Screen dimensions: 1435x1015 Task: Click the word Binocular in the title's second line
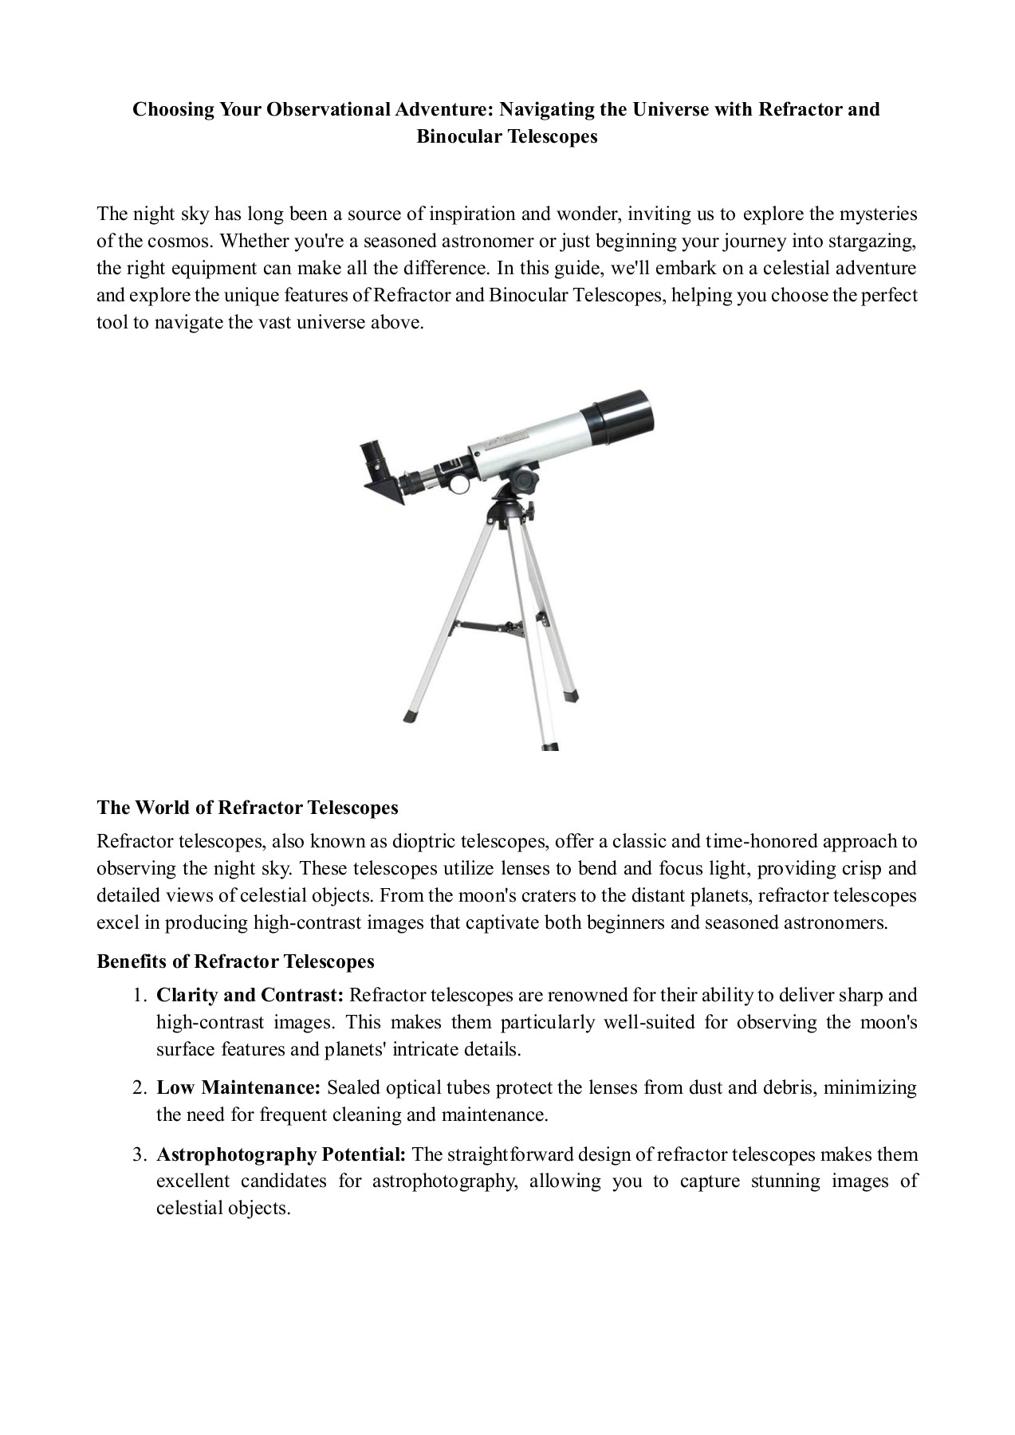pos(458,136)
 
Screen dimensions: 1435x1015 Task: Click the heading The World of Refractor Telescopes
pos(247,808)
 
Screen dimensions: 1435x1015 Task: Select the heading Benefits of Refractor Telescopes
pos(235,961)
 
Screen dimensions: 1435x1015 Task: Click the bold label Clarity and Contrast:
pos(250,995)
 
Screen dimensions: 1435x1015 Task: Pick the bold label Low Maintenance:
pos(238,1087)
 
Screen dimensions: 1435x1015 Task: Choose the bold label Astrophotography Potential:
pos(281,1154)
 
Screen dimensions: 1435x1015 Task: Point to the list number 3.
pos(139,1154)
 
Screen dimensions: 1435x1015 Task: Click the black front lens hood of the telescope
pos(618,420)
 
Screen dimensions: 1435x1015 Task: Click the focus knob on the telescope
pos(460,484)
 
